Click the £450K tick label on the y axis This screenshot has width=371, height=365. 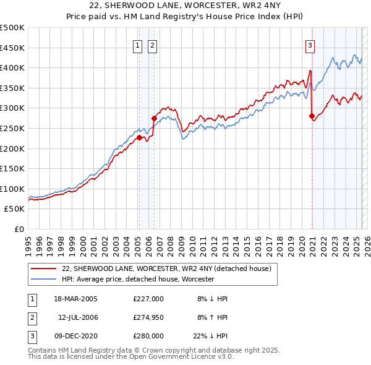12,48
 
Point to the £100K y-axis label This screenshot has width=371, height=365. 12,189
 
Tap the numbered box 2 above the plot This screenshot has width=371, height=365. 151,45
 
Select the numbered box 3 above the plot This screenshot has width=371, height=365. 310,45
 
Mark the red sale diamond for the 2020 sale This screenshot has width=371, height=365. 312,115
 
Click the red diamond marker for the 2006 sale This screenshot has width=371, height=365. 154,118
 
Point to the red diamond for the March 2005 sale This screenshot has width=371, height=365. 140,137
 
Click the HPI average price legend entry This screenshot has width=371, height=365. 137,279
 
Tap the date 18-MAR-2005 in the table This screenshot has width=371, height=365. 75,299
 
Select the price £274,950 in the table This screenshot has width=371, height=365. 148,317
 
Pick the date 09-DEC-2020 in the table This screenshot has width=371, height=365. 75,336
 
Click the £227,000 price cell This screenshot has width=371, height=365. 148,299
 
